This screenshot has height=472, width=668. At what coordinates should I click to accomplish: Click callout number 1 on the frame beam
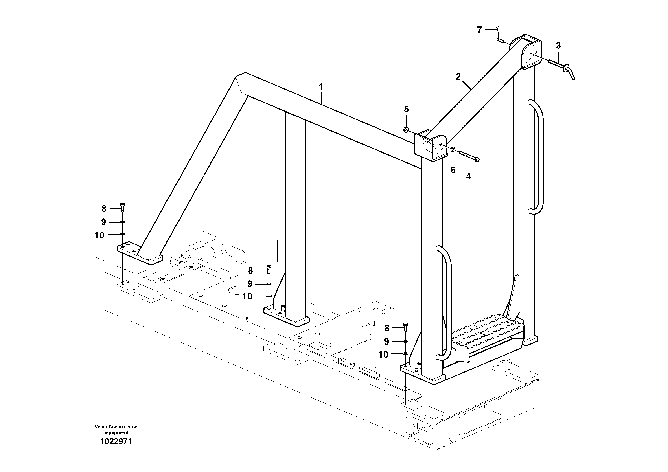click(x=321, y=87)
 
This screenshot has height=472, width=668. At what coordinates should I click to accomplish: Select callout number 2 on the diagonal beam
click(x=458, y=77)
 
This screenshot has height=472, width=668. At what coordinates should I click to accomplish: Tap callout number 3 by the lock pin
click(x=558, y=46)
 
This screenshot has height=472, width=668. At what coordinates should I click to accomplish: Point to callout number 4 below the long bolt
click(x=469, y=176)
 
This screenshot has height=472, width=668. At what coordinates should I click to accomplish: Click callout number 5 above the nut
click(x=406, y=110)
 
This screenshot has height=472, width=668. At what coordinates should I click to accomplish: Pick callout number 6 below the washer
click(x=453, y=170)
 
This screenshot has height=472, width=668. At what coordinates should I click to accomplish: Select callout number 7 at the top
click(x=480, y=30)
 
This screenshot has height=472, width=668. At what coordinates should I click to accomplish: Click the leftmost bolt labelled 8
click(x=123, y=207)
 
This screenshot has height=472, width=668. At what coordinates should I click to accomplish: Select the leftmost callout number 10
click(x=99, y=235)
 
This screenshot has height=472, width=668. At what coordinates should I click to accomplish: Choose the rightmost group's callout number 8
click(x=387, y=328)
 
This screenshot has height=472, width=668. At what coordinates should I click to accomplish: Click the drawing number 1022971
click(x=116, y=441)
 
